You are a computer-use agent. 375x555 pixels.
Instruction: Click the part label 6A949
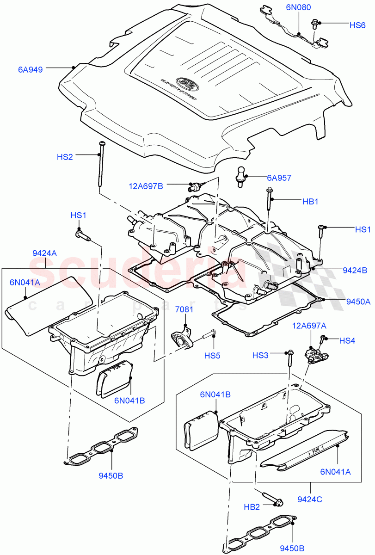pos(31,70)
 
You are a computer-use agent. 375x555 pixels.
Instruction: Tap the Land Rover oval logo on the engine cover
pos(187,83)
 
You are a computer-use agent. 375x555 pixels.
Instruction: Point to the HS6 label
pos(357,25)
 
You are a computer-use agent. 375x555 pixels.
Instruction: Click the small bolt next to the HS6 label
pos(316,22)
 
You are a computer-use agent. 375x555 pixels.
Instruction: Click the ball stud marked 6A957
pos(241,176)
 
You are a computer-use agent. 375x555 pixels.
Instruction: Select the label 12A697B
pos(146,186)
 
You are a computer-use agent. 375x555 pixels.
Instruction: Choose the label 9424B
pos(355,270)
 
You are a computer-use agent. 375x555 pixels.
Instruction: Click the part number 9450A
pos(358,302)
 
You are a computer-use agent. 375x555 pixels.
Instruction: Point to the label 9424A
pos(45,253)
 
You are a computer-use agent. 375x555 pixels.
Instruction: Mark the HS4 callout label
pos(347,340)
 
